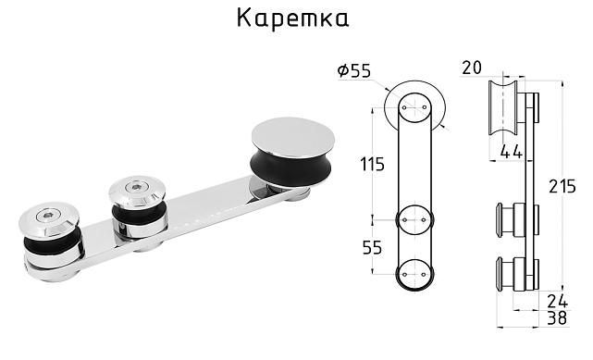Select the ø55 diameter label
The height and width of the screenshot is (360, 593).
tap(354, 70)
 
